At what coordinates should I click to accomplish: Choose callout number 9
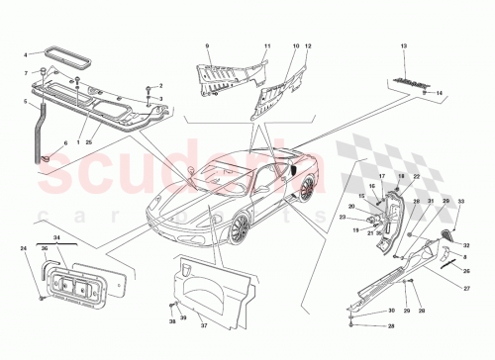208,46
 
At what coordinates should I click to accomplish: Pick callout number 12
309,46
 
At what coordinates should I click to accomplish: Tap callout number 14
442,92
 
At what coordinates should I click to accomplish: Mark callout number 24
24,261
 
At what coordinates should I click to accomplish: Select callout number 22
416,176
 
